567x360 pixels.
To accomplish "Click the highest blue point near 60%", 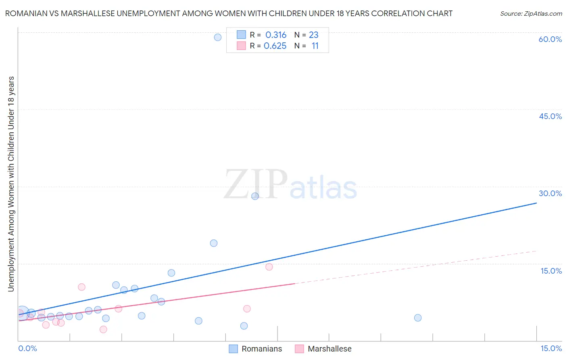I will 218,38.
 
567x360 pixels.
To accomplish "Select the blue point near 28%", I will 255,196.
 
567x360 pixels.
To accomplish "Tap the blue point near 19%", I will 214,243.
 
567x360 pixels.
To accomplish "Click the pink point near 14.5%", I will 269,267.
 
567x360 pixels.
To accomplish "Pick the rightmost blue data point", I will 418,318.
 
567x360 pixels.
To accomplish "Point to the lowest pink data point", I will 103,329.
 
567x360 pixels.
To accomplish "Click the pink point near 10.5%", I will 81,287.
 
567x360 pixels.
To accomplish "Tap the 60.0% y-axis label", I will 550,39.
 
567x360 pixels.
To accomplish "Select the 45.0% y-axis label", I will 550,116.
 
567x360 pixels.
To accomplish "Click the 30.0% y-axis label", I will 550,193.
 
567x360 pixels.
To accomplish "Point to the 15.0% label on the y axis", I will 551,271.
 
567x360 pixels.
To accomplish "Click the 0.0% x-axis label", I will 27,348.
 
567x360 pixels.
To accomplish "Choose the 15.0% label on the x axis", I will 551,348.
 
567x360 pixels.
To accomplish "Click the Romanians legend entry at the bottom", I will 261,349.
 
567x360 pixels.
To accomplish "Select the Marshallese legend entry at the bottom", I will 329,349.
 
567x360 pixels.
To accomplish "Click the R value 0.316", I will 276,35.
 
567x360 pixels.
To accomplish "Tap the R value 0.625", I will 275,46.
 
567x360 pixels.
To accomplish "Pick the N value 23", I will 313,35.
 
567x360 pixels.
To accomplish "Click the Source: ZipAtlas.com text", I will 531,14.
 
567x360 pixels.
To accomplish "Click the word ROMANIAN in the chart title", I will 26,13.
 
